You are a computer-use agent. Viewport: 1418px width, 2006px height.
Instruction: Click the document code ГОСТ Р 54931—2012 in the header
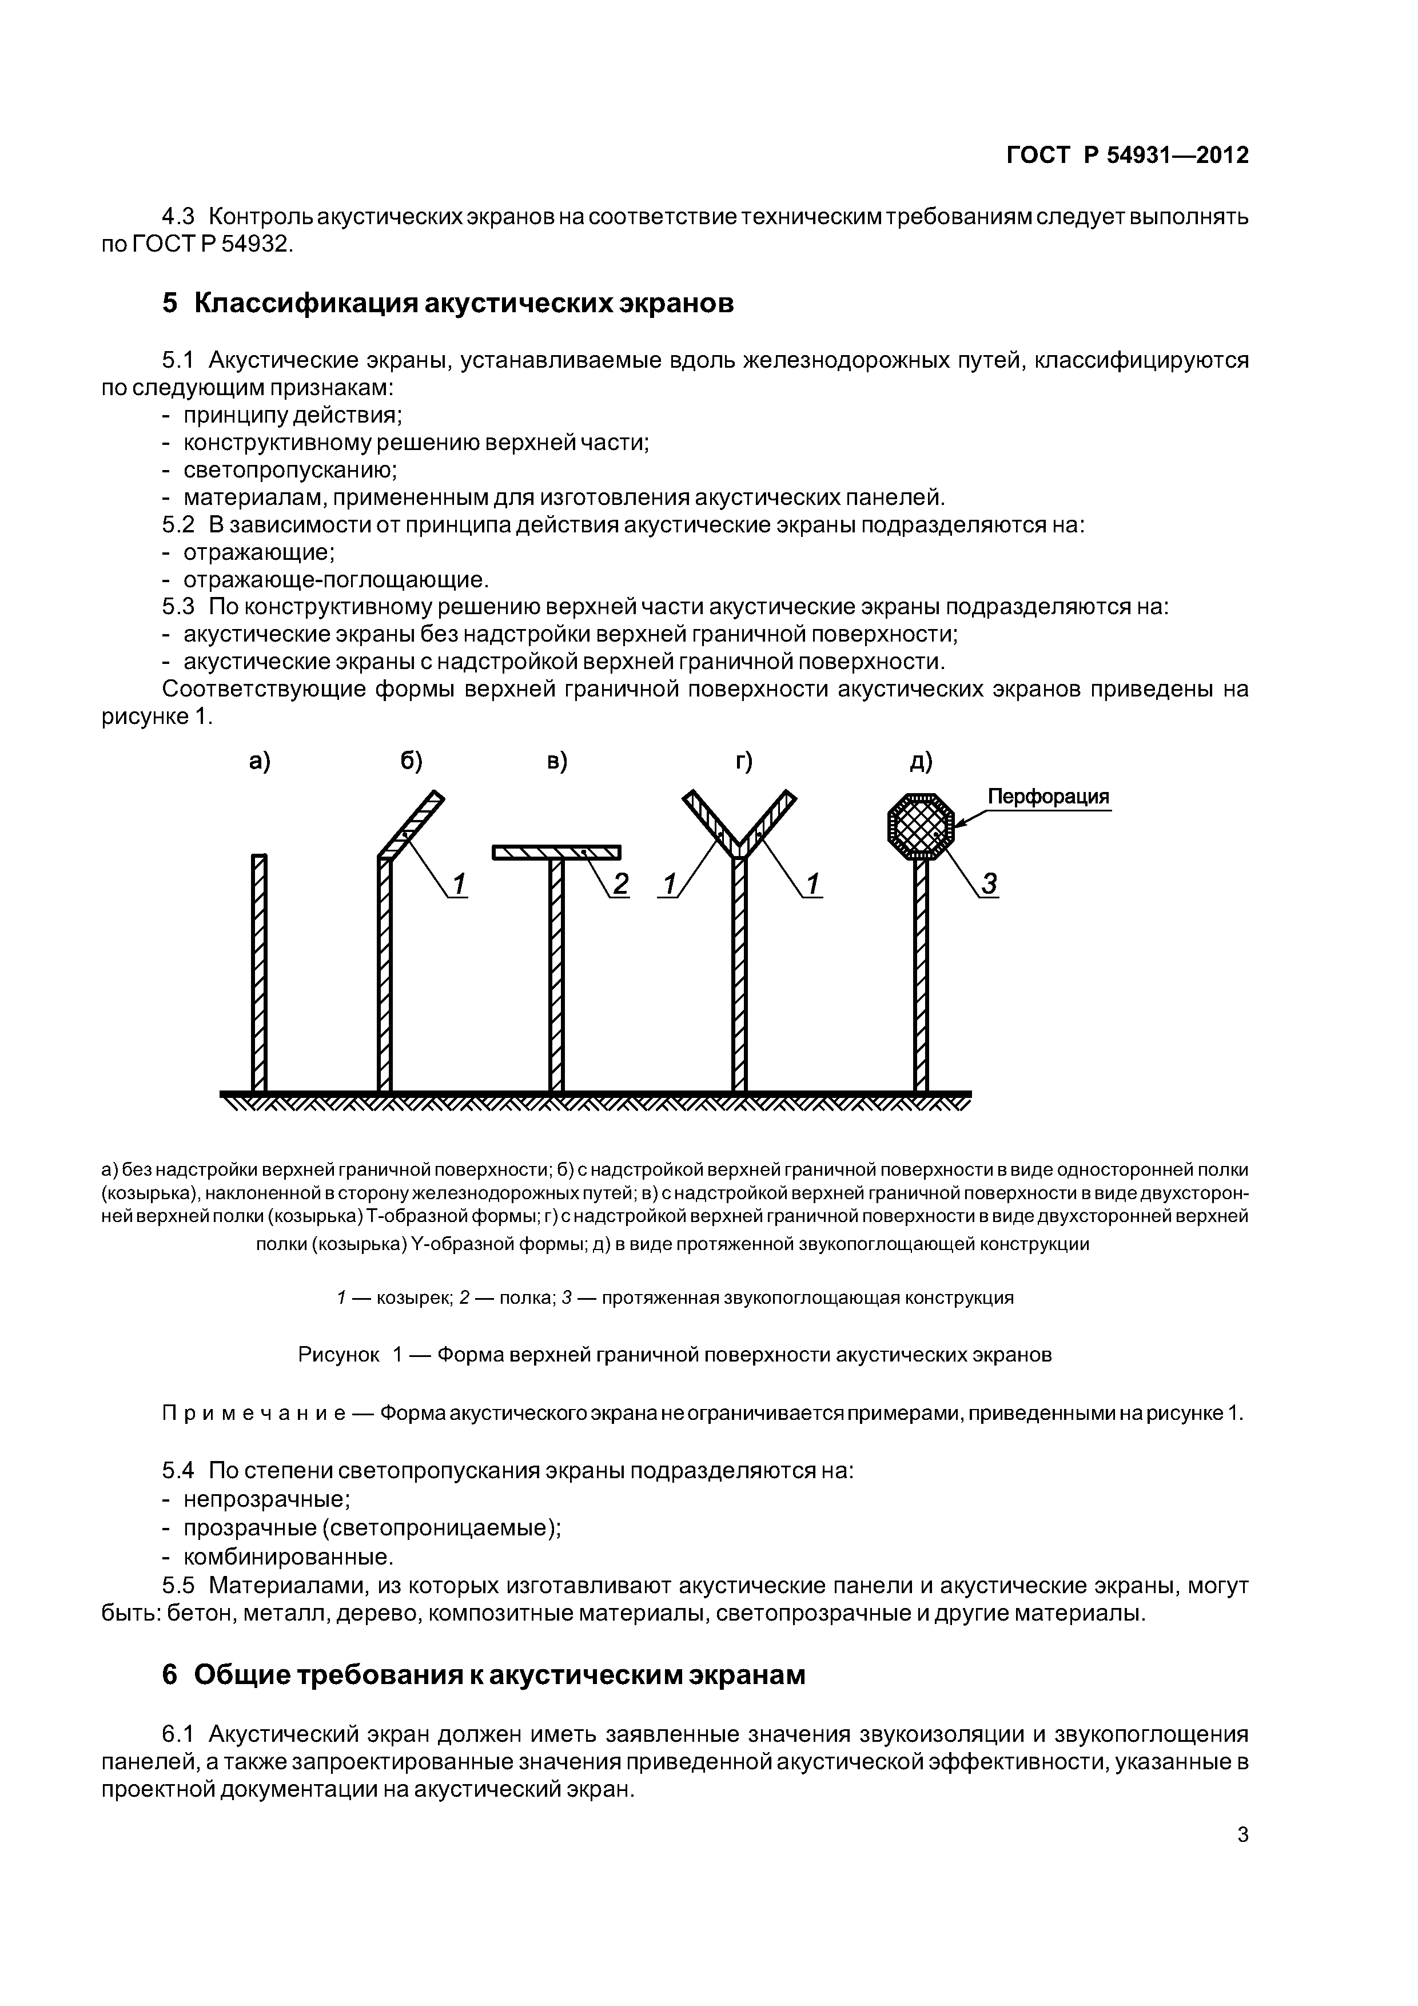click(x=1127, y=156)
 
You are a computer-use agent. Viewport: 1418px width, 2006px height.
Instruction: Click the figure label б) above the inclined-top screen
click(x=412, y=762)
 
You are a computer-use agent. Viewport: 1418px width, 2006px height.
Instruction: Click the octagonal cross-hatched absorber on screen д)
click(x=921, y=826)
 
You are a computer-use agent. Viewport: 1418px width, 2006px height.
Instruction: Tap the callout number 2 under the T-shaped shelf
click(x=620, y=885)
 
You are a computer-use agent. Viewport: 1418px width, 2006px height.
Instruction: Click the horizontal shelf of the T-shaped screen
click(x=556, y=853)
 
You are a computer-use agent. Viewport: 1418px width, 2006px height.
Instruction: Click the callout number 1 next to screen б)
click(x=460, y=885)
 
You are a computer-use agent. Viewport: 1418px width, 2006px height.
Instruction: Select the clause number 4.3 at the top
click(x=179, y=216)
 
